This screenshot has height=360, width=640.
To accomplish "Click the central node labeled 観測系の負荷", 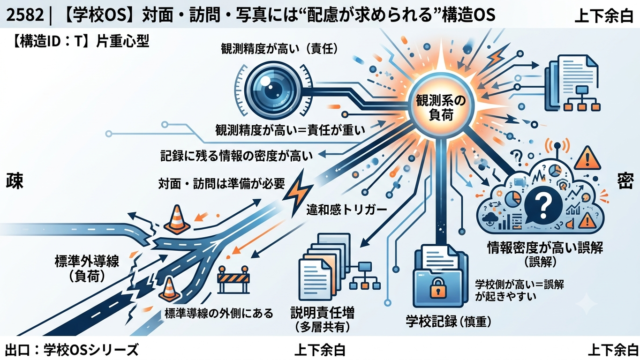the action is tap(441, 107).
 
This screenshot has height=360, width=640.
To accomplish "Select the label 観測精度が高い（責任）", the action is tap(280, 49).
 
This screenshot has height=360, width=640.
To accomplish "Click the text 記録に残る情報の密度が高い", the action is tap(237, 156).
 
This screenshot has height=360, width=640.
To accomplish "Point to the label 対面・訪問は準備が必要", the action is tap(222, 184).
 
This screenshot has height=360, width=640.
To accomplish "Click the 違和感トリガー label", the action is tap(346, 210).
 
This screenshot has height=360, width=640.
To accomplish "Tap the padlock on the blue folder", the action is tap(437, 287).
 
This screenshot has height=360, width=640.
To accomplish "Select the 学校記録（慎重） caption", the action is tap(448, 322).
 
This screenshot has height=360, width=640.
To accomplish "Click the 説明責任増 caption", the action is tap(322, 313).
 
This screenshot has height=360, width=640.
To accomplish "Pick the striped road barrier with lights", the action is tap(234, 280).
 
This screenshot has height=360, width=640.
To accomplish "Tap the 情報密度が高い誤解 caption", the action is tap(545, 248).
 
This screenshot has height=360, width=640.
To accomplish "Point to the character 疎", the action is tap(14, 181).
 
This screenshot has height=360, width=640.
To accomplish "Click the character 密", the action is tap(625, 181).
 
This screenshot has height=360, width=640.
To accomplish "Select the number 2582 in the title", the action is tap(25, 15).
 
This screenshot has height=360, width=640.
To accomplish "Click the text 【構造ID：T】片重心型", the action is tap(79, 41).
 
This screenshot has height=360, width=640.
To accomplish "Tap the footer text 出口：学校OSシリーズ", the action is tap(72, 350).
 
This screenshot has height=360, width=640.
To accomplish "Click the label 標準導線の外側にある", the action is tap(219, 313).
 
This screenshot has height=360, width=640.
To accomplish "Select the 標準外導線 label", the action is tap(87, 261).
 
